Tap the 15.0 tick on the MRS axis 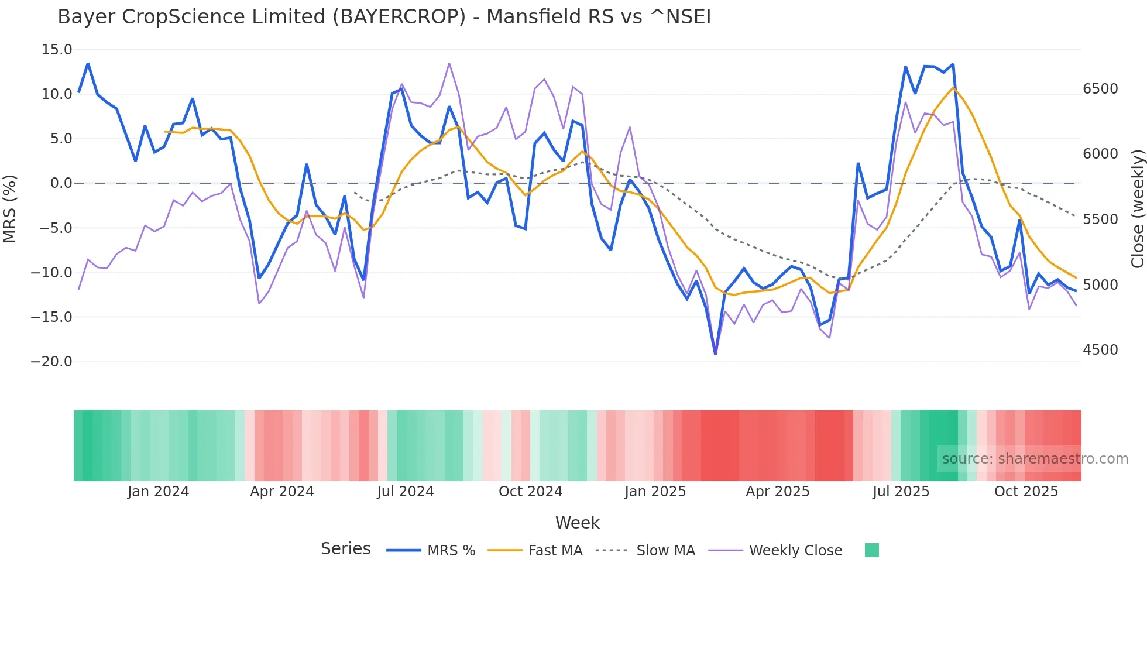tap(57, 50)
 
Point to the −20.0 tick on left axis tap(51, 362)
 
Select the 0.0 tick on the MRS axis tap(61, 183)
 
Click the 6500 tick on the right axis tap(1100, 89)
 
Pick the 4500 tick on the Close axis tap(1100, 350)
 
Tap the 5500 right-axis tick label tap(1100, 219)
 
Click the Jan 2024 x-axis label tap(158, 492)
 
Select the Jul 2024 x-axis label tap(405, 492)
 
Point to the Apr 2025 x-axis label tap(777, 492)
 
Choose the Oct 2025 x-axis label tap(1026, 492)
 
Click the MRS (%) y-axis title tap(10, 209)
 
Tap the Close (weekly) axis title tap(1137, 209)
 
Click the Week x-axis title tap(577, 523)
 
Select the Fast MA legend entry tap(555, 551)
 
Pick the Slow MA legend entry tap(665, 551)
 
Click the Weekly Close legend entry tap(795, 551)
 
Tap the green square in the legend tap(871, 550)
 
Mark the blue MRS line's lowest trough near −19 tap(715, 354)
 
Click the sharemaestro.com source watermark tap(1035, 459)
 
